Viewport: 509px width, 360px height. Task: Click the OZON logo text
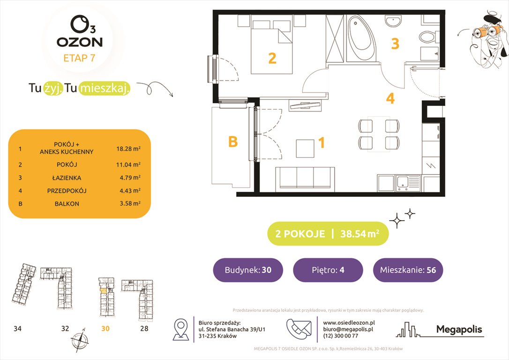point(79,41)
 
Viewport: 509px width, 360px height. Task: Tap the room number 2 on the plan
point(272,59)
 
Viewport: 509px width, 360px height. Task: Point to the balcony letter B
point(232,141)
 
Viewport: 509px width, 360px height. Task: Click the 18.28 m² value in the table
point(128,148)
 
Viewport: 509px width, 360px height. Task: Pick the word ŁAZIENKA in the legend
point(67,178)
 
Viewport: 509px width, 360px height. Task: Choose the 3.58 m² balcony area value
point(128,204)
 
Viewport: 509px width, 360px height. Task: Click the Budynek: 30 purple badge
point(247,270)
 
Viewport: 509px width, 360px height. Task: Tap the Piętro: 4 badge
point(328,270)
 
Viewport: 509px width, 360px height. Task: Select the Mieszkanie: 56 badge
point(407,270)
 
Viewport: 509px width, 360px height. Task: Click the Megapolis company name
point(459,330)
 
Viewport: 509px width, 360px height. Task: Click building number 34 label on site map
point(17,329)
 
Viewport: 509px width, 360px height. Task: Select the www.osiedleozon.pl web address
point(349,323)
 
